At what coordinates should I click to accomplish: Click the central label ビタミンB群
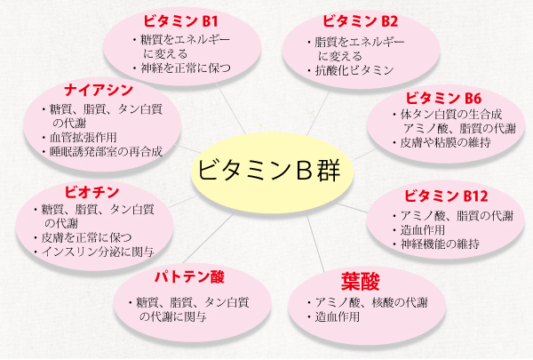268,170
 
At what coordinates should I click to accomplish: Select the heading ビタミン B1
180,21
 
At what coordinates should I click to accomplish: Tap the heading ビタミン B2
360,21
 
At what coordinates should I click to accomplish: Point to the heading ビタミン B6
443,99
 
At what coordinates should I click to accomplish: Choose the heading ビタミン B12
446,196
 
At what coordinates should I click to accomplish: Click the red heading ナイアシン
99,90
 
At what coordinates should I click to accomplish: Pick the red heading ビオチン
91,192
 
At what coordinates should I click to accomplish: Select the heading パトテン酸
190,277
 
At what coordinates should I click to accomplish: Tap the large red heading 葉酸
361,282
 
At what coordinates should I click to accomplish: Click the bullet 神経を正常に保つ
186,68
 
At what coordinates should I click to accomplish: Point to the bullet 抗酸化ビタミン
354,70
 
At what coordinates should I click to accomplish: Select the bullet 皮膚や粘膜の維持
445,142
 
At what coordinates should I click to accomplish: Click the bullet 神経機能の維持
441,244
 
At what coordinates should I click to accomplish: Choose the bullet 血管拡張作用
84,138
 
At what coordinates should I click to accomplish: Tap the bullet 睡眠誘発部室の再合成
106,152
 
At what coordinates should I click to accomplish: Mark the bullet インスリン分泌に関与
98,252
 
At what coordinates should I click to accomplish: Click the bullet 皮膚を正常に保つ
86,237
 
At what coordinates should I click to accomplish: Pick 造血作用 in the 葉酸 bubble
338,316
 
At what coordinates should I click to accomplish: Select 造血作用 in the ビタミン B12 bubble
423,230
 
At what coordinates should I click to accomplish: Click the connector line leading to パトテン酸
208,238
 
